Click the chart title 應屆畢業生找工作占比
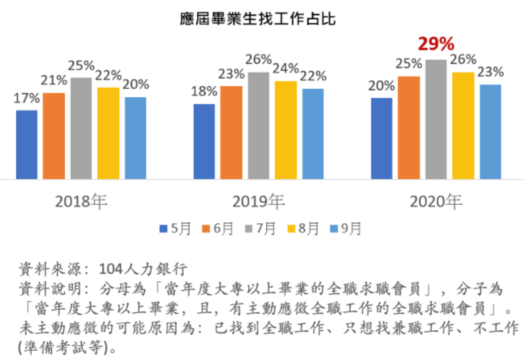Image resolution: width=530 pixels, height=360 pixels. click(258, 19)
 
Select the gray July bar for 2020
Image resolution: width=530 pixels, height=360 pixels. click(436, 119)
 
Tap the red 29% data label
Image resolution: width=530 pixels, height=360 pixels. click(436, 44)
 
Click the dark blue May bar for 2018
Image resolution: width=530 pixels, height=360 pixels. click(27, 145)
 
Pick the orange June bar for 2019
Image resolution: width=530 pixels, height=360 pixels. click(231, 133)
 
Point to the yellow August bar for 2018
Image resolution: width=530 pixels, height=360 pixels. click(108, 133)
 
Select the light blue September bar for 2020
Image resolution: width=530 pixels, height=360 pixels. click(490, 132)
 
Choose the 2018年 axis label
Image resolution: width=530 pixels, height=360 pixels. click(82, 202)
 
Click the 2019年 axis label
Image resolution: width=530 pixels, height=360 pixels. click(259, 202)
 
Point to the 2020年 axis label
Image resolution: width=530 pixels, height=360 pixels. click(436, 202)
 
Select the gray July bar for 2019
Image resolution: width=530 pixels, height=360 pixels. click(259, 126)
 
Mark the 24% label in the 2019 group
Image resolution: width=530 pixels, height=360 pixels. click(286, 68)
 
